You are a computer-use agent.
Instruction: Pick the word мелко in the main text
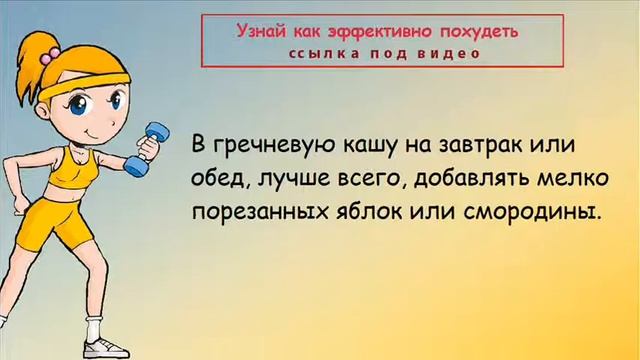(558, 179)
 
